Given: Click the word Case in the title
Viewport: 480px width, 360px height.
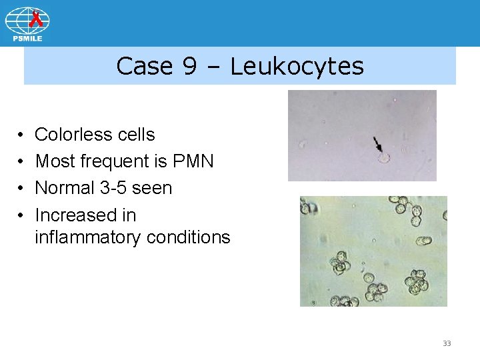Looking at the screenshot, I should [144, 66].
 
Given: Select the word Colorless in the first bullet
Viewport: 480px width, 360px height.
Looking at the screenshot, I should [73, 135].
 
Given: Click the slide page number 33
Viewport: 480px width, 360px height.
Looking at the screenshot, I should [447, 343].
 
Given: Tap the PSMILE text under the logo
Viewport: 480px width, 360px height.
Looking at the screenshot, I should [27, 39].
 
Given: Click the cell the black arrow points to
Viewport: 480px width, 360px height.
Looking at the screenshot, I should [383, 159].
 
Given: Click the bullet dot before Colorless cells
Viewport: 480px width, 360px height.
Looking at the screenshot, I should [22, 135].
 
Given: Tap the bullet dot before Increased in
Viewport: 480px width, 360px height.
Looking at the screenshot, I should [22, 216].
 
